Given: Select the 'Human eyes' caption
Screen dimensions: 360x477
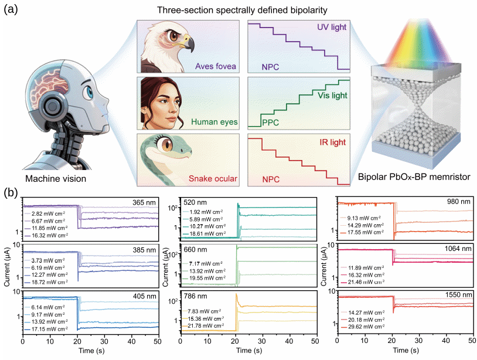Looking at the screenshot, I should (x=213, y=123).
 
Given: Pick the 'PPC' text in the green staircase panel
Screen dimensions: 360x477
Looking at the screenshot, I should (x=271, y=123).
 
